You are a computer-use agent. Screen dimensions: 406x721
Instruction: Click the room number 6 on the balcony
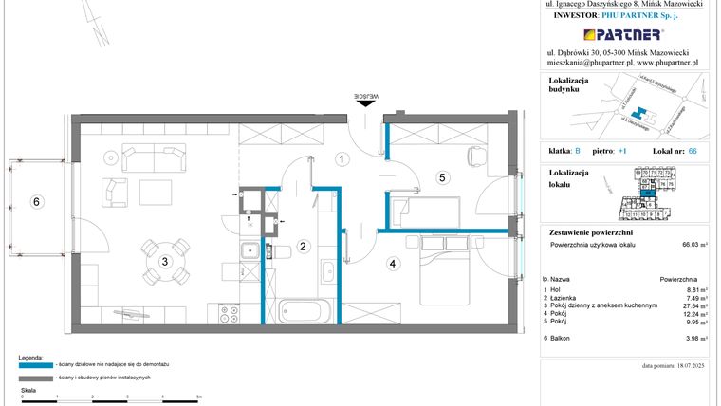coord(36,201)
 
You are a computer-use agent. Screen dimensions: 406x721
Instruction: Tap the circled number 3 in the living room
coord(164,262)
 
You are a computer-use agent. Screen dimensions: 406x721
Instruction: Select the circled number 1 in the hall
coord(340,159)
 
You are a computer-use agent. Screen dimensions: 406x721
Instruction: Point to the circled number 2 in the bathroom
coord(303,247)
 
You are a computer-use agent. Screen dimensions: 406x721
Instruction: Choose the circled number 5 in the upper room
coord(441,176)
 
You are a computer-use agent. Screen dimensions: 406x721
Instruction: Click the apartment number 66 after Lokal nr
coord(692,151)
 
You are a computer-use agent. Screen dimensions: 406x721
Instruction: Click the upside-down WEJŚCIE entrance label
coord(366,96)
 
